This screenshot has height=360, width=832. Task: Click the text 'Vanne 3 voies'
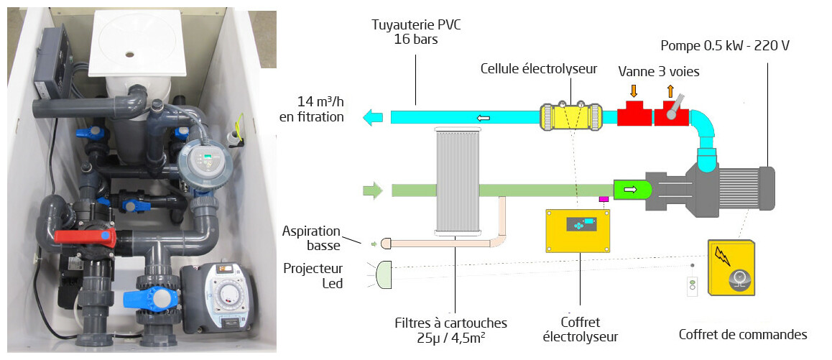(659, 72)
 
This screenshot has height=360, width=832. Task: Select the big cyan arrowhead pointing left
(373, 117)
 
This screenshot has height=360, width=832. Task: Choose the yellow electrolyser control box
(578, 231)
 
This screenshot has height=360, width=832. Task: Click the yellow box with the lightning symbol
(732, 267)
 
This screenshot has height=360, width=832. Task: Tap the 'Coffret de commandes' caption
(743, 334)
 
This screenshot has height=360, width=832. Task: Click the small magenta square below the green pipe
(604, 199)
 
